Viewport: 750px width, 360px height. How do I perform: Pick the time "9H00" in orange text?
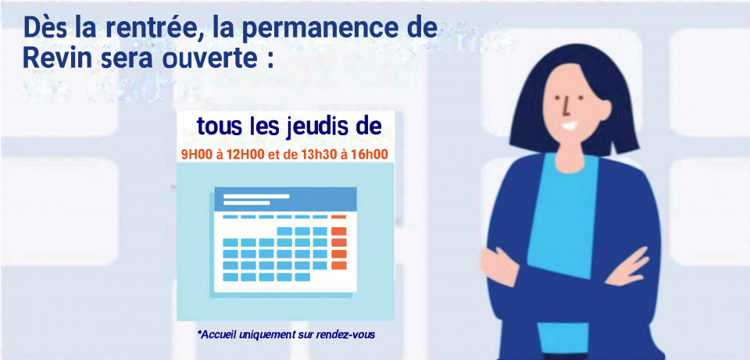tap(196, 155)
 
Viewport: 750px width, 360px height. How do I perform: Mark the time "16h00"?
tap(370, 155)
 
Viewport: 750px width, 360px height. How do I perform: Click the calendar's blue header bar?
tap(285, 199)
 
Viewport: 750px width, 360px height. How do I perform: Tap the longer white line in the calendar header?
tap(256, 195)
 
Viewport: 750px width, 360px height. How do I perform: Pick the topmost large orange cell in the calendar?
tap(338, 230)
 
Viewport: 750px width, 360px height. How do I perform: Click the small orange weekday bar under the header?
tap(338, 216)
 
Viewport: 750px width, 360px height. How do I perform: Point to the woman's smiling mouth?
tap(571, 125)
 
